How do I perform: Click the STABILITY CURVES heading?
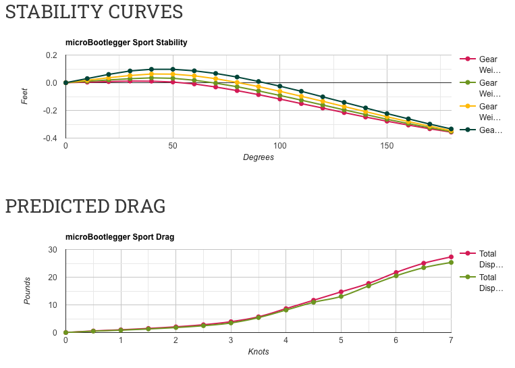tap(94, 12)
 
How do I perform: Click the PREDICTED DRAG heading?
tap(85, 207)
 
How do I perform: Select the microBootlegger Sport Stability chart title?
tap(126, 43)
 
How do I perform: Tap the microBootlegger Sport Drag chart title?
tap(119, 237)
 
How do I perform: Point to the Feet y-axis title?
tap(26, 96)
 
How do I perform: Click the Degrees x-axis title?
tap(258, 157)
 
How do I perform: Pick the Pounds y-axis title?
tap(28, 290)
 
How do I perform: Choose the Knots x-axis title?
tap(258, 352)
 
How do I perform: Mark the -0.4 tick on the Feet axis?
tap(49, 138)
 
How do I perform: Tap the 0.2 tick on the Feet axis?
tap(52, 55)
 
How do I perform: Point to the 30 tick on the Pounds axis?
tap(53, 250)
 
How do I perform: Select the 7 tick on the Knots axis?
tap(451, 340)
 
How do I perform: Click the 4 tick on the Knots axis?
tap(286, 340)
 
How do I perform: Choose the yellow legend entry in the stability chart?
tap(488, 112)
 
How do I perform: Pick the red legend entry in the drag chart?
tap(487, 259)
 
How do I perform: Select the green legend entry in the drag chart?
tap(487, 283)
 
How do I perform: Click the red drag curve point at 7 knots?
tap(451, 257)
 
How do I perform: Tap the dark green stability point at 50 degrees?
tap(173, 69)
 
